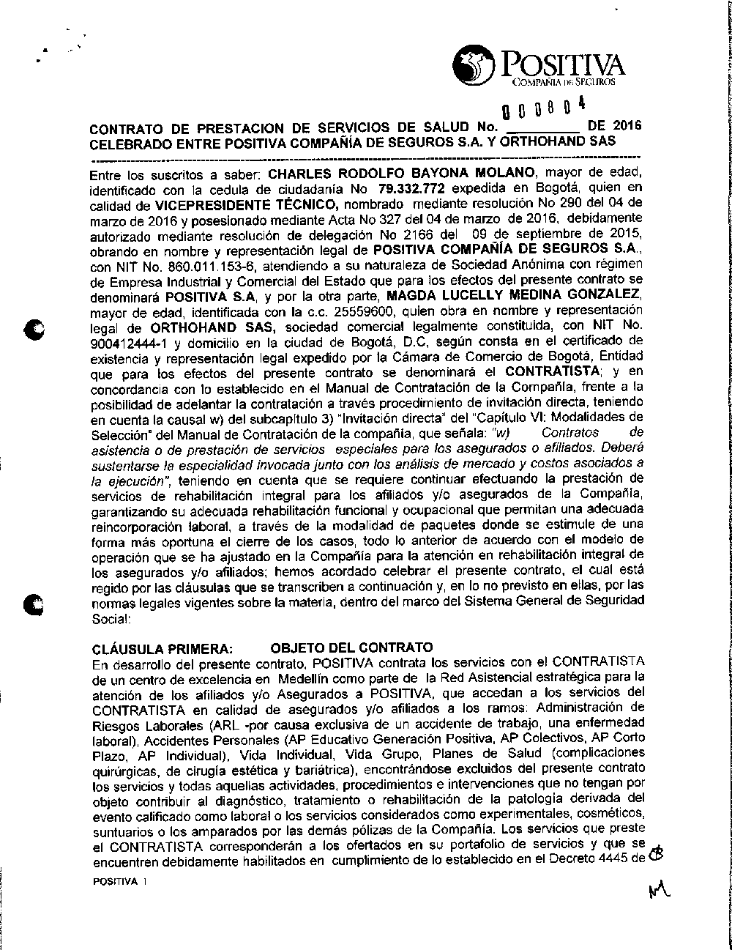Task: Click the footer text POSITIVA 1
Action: tap(120, 882)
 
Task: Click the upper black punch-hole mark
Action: tap(32, 330)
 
